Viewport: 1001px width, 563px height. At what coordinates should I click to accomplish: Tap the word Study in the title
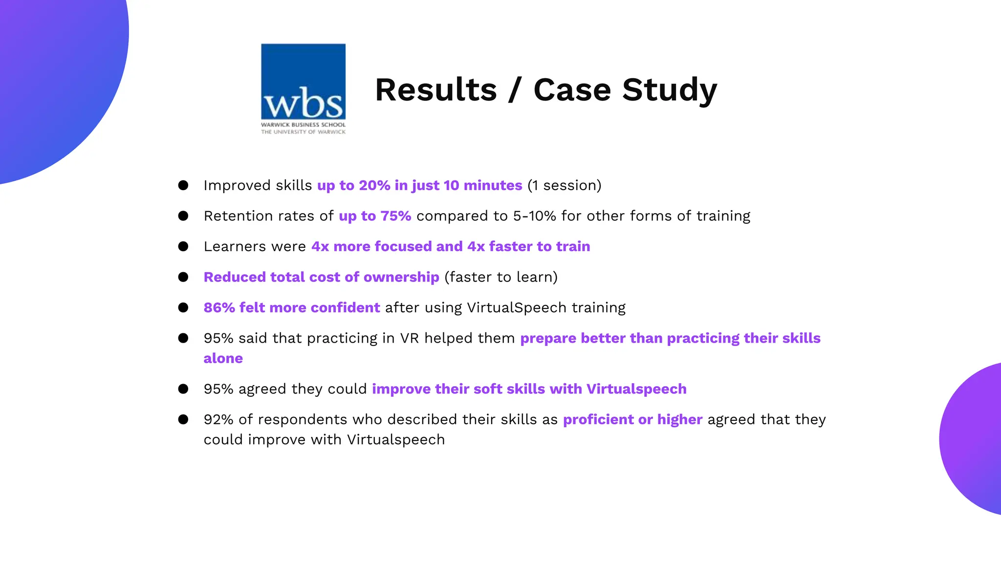point(669,91)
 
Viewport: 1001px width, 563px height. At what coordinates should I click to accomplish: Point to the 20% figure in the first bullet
point(374,186)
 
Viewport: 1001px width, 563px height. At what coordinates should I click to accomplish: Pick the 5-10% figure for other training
point(534,216)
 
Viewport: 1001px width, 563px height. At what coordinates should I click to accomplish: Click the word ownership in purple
point(401,277)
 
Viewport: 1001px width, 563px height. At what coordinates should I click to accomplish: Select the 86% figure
point(219,308)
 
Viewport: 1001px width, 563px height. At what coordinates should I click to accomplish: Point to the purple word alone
point(223,358)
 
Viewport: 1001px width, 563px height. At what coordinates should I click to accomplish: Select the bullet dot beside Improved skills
point(183,185)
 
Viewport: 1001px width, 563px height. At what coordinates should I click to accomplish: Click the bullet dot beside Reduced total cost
point(183,277)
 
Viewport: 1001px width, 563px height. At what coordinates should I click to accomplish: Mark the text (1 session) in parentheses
point(564,186)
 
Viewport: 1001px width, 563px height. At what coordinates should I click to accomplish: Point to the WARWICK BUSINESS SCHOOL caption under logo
point(303,125)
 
